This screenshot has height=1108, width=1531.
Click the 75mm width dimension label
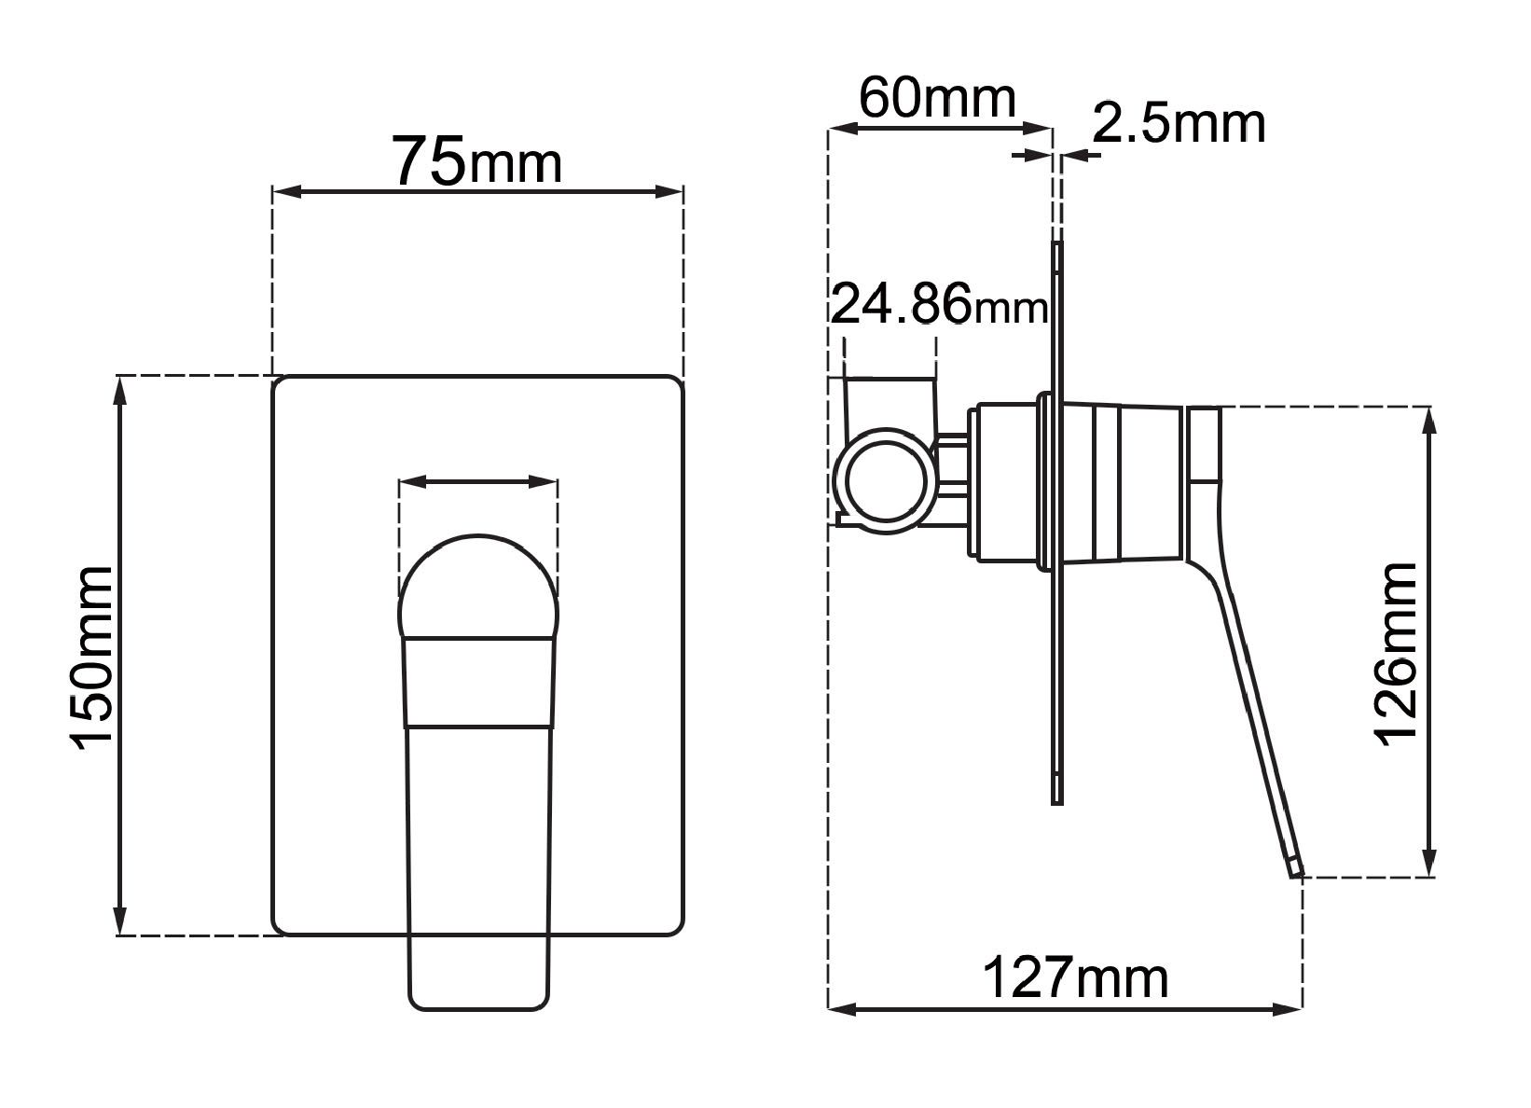pos(476,160)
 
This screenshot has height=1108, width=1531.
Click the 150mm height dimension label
pos(93,657)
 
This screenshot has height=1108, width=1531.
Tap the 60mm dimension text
pos(936,98)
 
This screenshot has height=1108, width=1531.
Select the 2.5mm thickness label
pos(1179,123)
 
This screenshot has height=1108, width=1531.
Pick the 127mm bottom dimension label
pos(1076,978)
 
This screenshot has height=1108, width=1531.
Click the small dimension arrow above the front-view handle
pos(477,482)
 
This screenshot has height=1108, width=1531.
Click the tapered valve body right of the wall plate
pos(1119,484)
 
